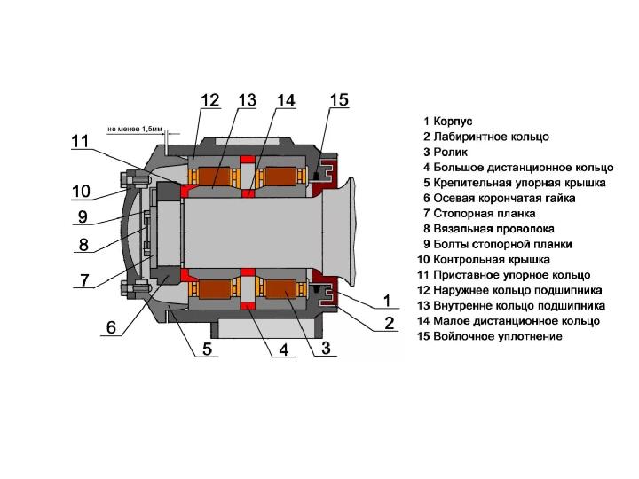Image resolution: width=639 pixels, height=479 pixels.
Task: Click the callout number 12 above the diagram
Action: tap(208, 101)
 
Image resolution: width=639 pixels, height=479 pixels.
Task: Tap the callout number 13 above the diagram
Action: tap(247, 101)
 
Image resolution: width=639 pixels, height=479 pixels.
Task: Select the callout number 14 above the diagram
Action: tap(285, 101)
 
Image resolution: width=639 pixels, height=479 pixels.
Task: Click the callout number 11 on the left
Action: tap(81, 140)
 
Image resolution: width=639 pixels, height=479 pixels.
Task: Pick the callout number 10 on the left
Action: tap(81, 190)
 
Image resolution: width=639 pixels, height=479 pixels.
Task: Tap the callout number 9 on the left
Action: tap(82, 216)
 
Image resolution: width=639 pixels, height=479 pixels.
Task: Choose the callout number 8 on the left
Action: tap(83, 244)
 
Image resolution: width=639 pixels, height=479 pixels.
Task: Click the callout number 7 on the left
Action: tap(83, 280)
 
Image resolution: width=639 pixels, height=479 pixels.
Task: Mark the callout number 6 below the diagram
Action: tap(111, 327)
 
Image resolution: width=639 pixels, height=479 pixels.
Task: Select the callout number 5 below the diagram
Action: tap(206, 349)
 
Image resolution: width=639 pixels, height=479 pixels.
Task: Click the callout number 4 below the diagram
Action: tap(284, 350)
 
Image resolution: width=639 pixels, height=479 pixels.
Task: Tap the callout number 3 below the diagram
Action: tap(326, 349)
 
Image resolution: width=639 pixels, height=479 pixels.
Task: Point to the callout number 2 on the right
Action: tap(389, 323)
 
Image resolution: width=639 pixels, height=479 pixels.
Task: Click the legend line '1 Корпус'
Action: tap(448, 120)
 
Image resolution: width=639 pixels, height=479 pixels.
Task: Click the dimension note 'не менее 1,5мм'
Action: tap(135, 128)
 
